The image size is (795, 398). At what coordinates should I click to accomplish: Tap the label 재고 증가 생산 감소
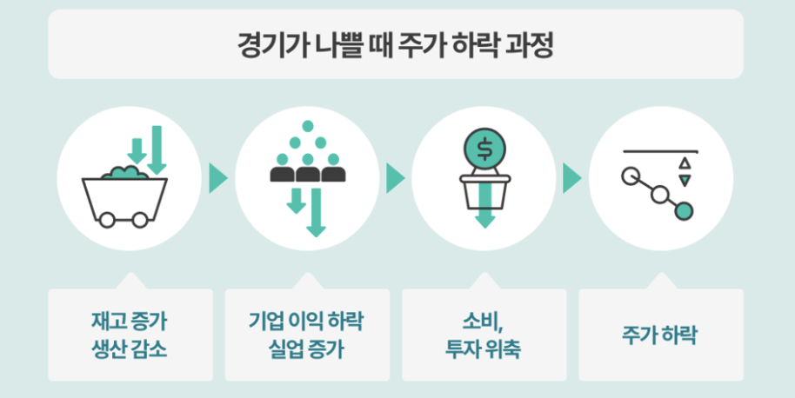[130, 335]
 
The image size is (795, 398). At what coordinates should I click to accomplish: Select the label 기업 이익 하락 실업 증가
[306, 335]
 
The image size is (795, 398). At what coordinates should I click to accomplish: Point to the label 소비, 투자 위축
[484, 335]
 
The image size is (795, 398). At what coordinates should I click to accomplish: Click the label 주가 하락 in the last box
[660, 335]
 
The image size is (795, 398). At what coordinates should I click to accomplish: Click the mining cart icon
[124, 196]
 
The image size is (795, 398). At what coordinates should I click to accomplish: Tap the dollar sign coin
[484, 148]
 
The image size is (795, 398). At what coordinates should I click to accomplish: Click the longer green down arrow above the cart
[157, 149]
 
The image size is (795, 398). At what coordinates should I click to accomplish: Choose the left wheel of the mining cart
[106, 221]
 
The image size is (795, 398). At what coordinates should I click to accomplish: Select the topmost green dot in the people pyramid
[306, 127]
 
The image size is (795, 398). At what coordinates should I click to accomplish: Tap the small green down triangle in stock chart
[685, 180]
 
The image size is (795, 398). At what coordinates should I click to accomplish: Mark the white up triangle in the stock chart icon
[685, 163]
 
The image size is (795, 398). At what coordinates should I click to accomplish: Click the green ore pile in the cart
[124, 173]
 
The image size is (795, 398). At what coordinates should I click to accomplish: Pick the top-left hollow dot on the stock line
[631, 176]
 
